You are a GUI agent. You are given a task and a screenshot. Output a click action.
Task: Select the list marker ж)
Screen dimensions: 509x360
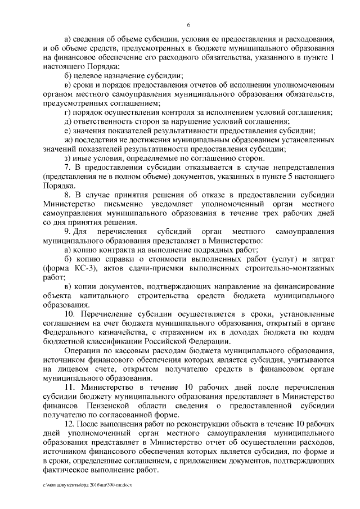[69, 140]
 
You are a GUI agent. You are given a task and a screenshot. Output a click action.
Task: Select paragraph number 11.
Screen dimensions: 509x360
[70, 388]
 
